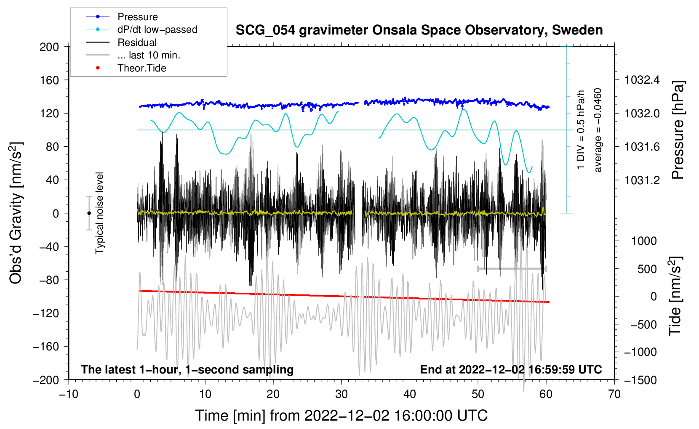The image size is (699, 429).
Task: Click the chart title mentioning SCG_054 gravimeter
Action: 419,30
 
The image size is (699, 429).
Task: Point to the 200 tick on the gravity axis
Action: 49,47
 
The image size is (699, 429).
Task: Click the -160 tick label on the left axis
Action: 46,347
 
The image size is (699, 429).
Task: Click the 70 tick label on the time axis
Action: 614,394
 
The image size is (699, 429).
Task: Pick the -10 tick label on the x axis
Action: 69,394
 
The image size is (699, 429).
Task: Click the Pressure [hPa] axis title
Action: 678,130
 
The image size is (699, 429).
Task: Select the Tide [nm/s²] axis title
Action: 675,296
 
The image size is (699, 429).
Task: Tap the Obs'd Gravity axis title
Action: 16,213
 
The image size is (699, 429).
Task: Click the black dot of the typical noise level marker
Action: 89,213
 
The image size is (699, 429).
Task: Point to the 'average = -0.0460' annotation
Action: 597,130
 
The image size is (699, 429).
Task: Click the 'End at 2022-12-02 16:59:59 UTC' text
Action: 511,369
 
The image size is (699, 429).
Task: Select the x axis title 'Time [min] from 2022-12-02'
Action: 341,416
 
